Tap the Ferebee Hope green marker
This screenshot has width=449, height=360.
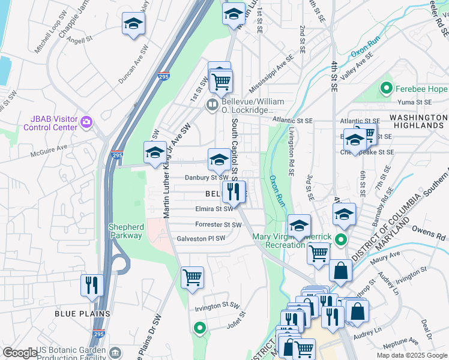(387, 90)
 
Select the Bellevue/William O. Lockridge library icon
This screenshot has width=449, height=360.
(211, 106)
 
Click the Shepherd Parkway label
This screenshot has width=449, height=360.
(126, 231)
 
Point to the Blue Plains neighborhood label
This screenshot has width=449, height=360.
(82, 313)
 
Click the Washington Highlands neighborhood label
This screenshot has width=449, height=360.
(416, 121)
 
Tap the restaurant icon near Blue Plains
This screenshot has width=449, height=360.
(91, 284)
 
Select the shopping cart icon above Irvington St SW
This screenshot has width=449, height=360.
(192, 277)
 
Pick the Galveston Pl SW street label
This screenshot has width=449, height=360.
(200, 239)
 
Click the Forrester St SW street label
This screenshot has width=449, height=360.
(218, 225)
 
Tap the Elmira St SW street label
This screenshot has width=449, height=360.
(214, 209)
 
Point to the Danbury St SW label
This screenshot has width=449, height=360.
(206, 178)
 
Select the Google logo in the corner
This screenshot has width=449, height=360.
(19, 353)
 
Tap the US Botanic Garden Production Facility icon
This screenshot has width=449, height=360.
(116, 352)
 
